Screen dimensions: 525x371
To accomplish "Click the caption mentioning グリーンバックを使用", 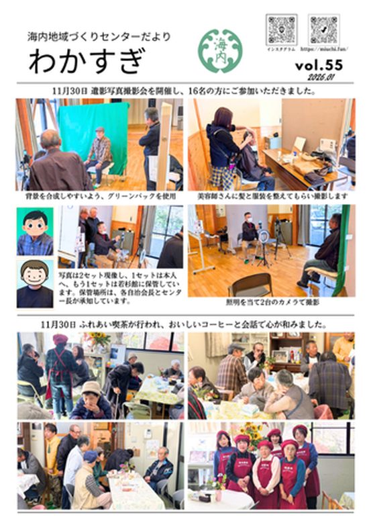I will click(x=99, y=197).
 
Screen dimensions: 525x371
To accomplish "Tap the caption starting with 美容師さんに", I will click(x=272, y=197).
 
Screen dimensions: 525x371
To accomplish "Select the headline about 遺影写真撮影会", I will click(x=184, y=89).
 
